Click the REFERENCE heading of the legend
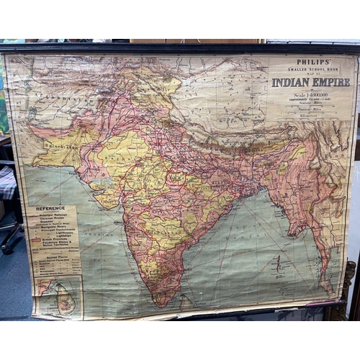coord(50,209)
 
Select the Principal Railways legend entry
coord(51,215)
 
